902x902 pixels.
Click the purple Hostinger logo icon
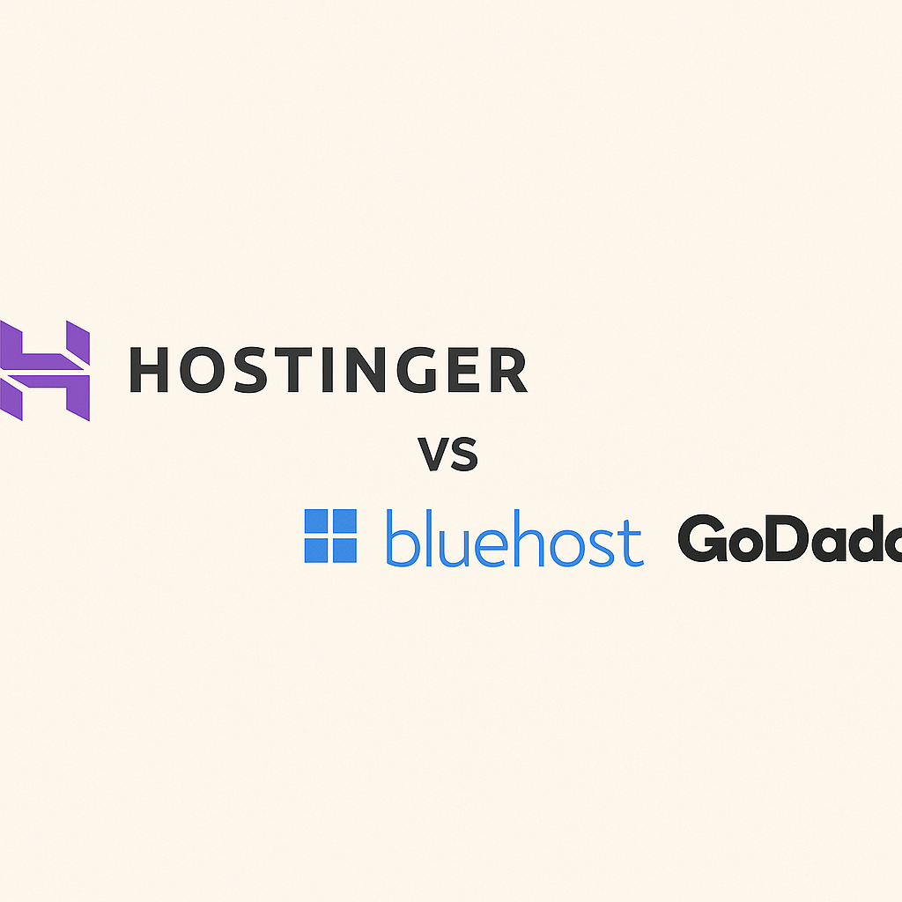pyautogui.click(x=45, y=370)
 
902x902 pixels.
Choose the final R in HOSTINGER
pyautogui.click(x=507, y=370)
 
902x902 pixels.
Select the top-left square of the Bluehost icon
pyautogui.click(x=317, y=521)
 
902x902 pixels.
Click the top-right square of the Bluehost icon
pyautogui.click(x=344, y=521)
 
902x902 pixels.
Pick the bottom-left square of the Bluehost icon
pyautogui.click(x=317, y=550)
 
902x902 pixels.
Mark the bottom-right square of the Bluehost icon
pyautogui.click(x=344, y=550)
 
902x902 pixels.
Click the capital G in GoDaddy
pyautogui.click(x=703, y=540)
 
